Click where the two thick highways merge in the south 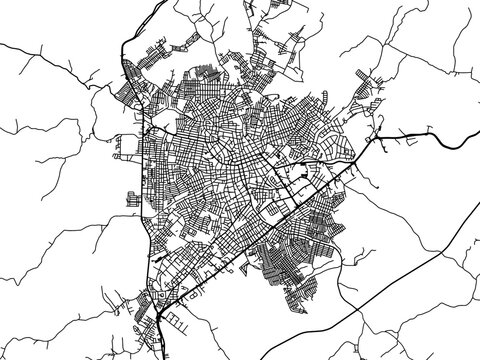160,311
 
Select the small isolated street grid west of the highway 130,196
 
